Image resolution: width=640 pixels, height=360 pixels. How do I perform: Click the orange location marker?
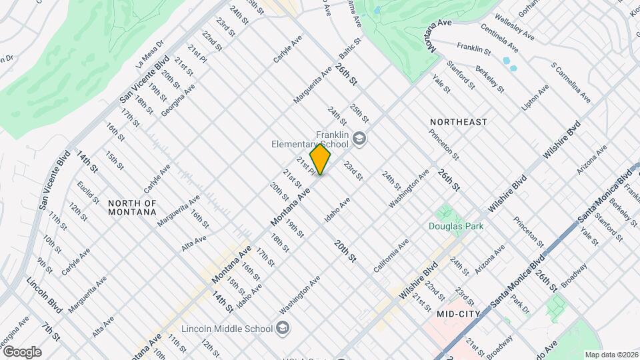click(320, 159)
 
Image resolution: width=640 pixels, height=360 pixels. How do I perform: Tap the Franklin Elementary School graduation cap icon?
click(360, 139)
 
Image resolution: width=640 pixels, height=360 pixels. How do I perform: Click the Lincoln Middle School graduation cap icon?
click(283, 329)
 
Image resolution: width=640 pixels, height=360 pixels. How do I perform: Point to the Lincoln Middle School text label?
click(227, 329)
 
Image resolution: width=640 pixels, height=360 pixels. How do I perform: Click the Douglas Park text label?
click(456, 226)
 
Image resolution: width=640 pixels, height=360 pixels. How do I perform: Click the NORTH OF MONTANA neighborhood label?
click(132, 207)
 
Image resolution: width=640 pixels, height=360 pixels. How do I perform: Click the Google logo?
click(21, 352)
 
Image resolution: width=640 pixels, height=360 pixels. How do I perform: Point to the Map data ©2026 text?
click(611, 355)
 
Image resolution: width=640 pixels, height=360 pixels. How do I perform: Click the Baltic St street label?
click(349, 49)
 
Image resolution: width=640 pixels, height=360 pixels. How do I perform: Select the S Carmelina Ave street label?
click(570, 84)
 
